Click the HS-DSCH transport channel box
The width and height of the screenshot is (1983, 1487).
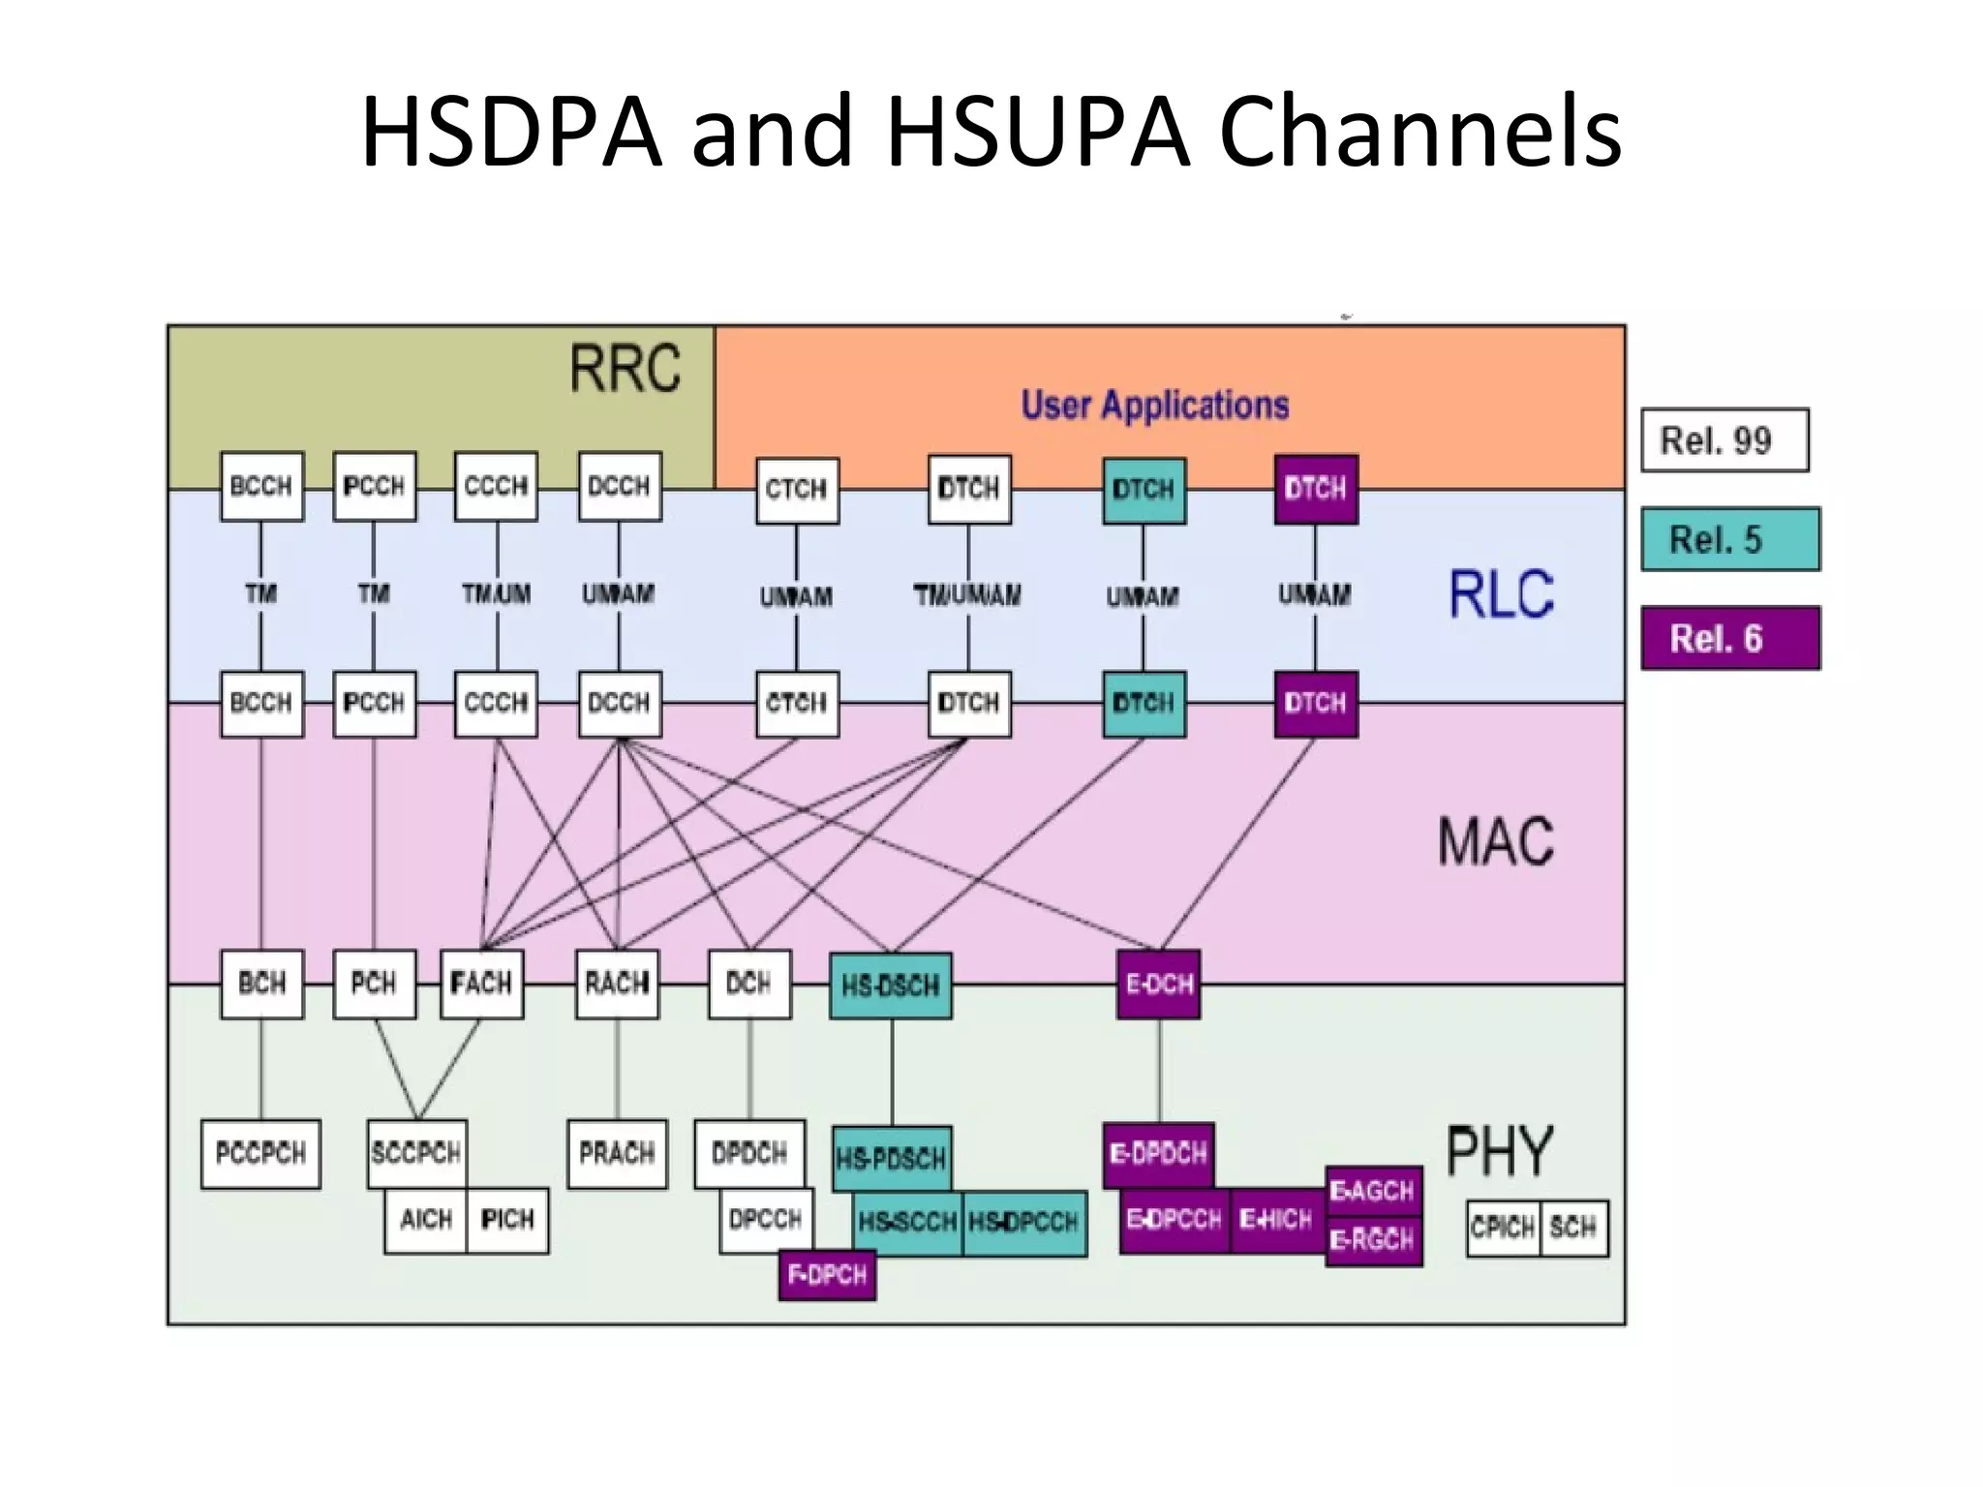pyautogui.click(x=890, y=986)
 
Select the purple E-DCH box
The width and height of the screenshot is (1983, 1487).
pyautogui.click(x=1158, y=984)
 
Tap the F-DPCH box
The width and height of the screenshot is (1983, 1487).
pyautogui.click(x=827, y=1274)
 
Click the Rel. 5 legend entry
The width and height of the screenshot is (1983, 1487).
pyautogui.click(x=1729, y=539)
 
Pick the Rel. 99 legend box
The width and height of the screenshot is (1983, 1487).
pyautogui.click(x=1724, y=440)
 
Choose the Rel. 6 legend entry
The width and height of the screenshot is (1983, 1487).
pyautogui.click(x=1729, y=638)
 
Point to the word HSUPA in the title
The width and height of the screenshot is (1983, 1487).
pyautogui.click(x=1038, y=131)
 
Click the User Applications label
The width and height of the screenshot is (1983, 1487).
pyautogui.click(x=1154, y=405)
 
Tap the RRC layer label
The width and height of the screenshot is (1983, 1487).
pyautogui.click(x=625, y=369)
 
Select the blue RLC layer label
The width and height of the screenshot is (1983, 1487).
pyautogui.click(x=1500, y=593)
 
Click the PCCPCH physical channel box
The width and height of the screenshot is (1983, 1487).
pyautogui.click(x=260, y=1153)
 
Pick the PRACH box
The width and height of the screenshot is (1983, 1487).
pyautogui.click(x=617, y=1153)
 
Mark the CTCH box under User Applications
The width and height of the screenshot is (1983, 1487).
pyautogui.click(x=796, y=489)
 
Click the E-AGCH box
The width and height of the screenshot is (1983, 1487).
pyautogui.click(x=1372, y=1191)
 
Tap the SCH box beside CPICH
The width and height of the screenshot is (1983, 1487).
pyautogui.click(x=1572, y=1228)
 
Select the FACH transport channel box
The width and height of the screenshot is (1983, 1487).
pyautogui.click(x=481, y=984)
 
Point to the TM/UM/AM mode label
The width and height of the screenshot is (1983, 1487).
pyautogui.click(x=967, y=594)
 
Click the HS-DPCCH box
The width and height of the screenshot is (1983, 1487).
pyautogui.click(x=1023, y=1223)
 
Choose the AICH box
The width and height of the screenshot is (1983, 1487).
pyautogui.click(x=426, y=1219)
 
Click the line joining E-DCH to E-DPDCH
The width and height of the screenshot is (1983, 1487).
pyautogui.click(x=1159, y=1070)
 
